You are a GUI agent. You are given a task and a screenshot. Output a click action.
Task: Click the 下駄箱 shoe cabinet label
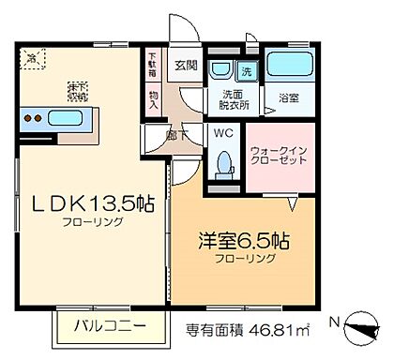[153, 70]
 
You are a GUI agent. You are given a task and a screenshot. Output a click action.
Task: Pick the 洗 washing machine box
[246, 71]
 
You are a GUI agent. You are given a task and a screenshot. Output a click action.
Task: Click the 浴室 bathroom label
[289, 97]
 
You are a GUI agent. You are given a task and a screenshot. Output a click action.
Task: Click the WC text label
[223, 134]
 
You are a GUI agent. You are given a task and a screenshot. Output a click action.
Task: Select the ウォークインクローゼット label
[275, 156]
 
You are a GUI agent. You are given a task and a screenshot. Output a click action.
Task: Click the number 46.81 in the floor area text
[286, 330]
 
